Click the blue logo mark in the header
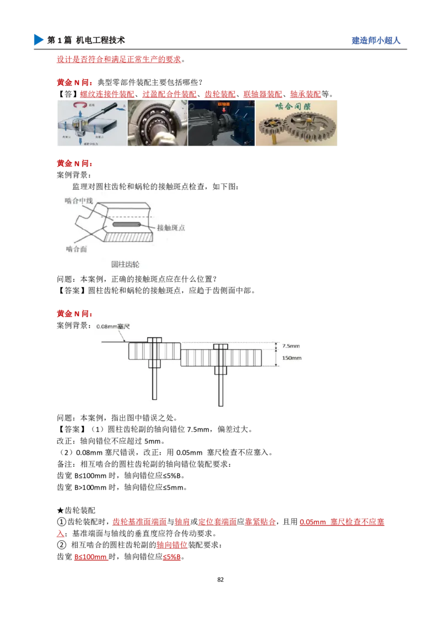[37, 40]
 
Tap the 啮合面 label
[77, 249]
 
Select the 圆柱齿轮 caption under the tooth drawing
[125, 265]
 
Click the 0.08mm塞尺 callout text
[113, 326]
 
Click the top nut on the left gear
[154, 340]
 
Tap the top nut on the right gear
[220, 347]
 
